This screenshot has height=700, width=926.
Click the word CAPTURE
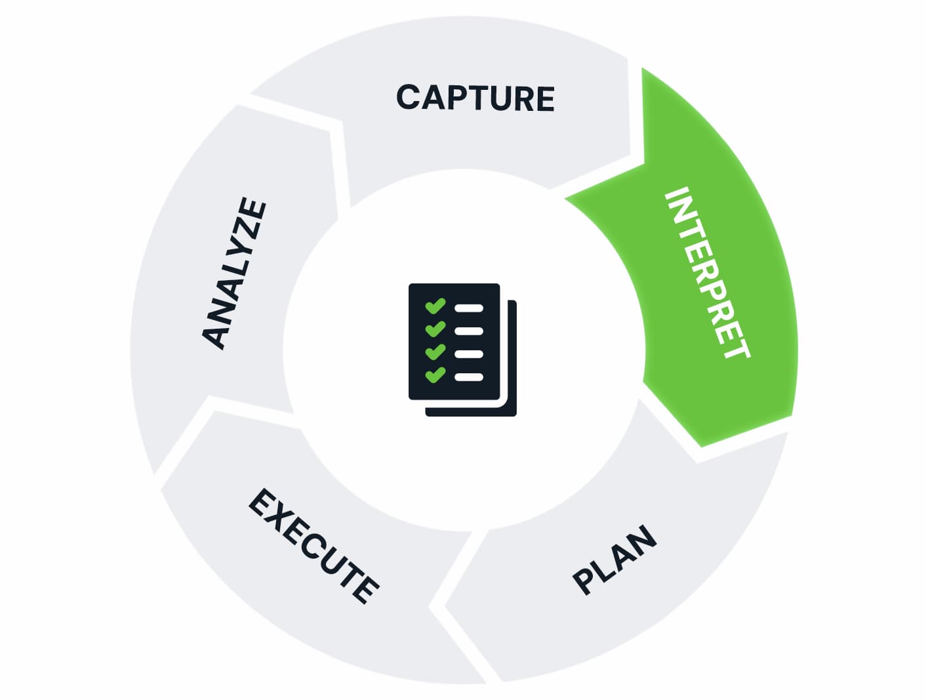475,98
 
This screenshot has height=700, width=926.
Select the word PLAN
614,559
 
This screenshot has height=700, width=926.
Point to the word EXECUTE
313,545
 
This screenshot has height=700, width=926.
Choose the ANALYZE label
234,273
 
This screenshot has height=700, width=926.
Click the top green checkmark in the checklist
435,306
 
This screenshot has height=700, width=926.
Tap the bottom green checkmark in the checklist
435,376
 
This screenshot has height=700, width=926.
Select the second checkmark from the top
435,329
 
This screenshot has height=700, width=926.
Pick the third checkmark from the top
435,353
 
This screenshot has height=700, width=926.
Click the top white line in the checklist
470,308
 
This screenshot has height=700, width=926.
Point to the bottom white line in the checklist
470,377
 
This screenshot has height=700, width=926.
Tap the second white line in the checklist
470,331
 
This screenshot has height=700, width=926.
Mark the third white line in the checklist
470,354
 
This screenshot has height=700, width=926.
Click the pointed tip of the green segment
700,446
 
